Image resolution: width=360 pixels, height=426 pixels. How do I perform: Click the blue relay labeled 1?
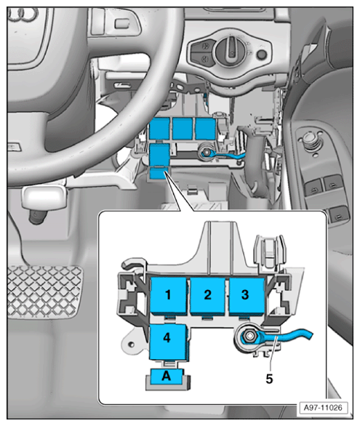(x=169, y=296)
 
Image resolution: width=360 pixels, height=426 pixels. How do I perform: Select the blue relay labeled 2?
(x=207, y=296)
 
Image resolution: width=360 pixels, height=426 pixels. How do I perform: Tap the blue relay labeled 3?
(x=247, y=296)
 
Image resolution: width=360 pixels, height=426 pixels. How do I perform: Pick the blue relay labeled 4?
(x=168, y=342)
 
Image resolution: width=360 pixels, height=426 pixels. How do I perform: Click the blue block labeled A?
(x=167, y=377)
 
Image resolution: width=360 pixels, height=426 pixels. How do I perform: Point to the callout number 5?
(x=269, y=379)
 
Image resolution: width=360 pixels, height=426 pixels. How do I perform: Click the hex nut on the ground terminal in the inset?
(x=249, y=337)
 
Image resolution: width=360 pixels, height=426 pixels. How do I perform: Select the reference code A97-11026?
(x=323, y=408)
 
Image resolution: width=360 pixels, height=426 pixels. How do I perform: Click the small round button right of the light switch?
(x=262, y=55)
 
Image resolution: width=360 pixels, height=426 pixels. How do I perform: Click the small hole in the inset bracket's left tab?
(x=131, y=345)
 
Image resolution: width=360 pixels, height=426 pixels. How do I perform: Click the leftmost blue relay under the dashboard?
(x=159, y=129)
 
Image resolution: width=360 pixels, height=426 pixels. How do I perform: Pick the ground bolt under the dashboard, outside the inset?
(x=207, y=153)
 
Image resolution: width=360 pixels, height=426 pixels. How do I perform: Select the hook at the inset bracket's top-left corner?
(x=132, y=264)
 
